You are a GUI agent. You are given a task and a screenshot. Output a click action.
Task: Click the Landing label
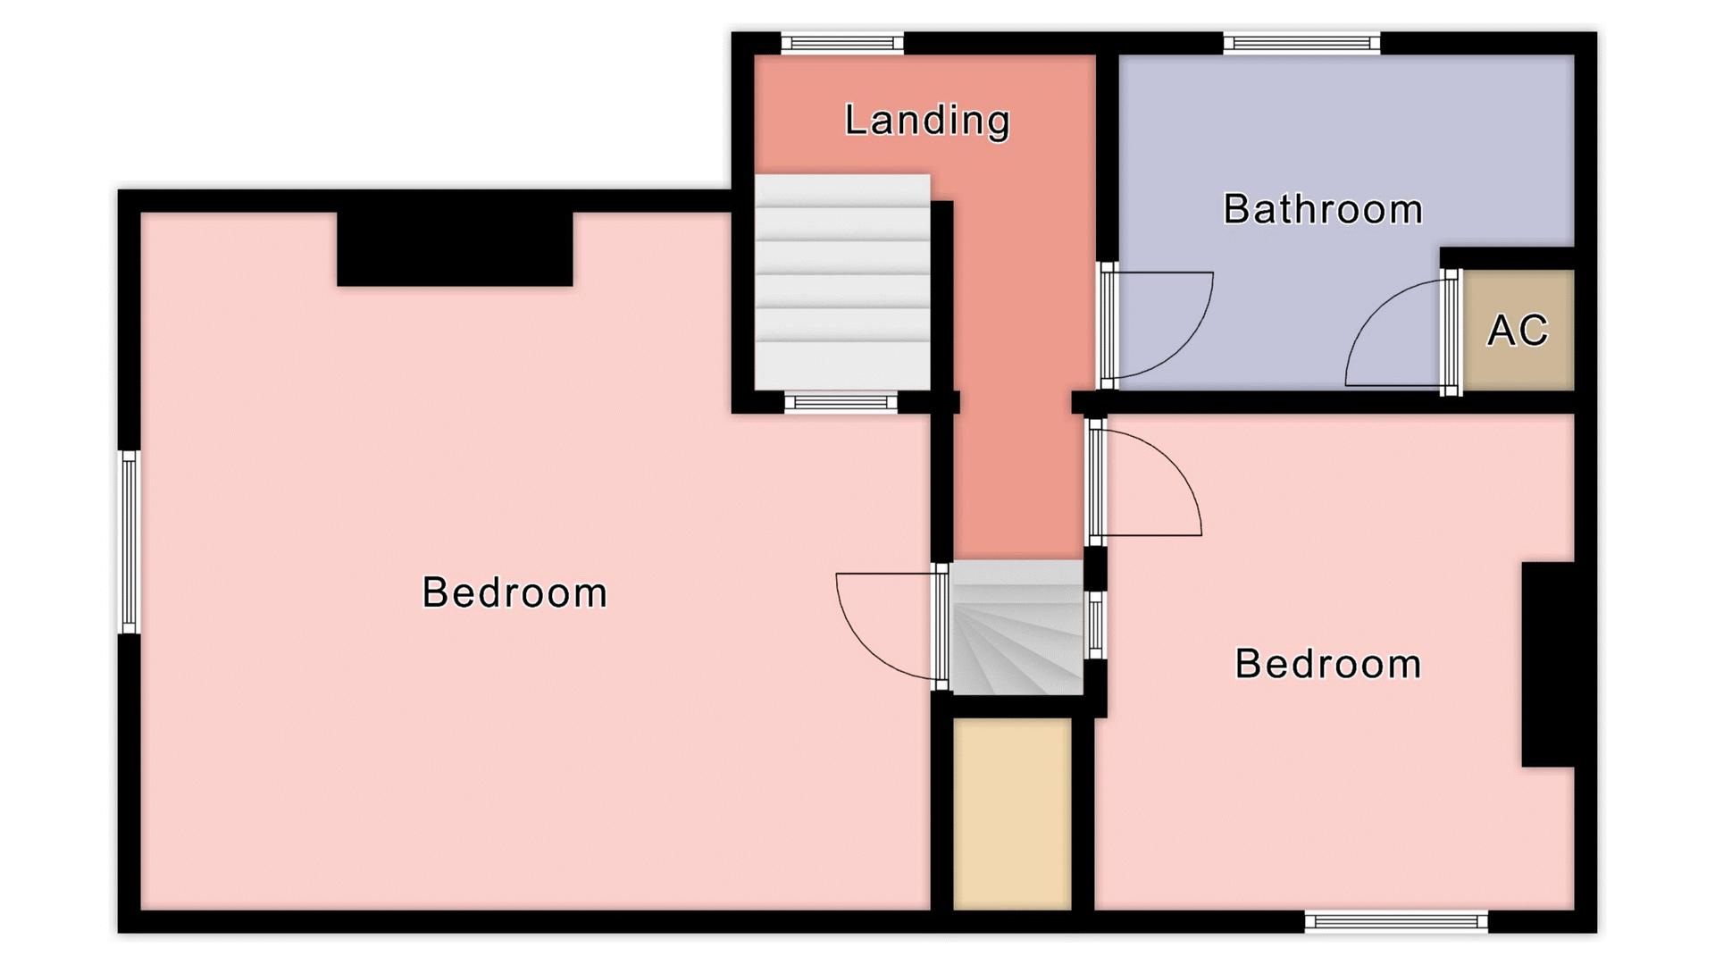[x=927, y=121]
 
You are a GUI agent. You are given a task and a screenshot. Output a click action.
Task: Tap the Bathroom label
[x=1323, y=209]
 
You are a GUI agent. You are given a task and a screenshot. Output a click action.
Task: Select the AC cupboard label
[x=1518, y=331]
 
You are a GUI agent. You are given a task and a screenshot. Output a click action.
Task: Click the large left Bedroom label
[x=514, y=592]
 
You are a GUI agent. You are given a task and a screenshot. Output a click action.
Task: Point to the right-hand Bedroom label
[x=1328, y=664]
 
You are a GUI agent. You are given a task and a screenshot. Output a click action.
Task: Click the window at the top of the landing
[x=842, y=43]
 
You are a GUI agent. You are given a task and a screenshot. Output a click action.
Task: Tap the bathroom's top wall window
[x=1301, y=43]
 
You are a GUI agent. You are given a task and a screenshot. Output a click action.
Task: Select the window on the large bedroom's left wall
[x=130, y=541]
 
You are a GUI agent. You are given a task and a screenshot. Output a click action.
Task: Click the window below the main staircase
[x=841, y=403]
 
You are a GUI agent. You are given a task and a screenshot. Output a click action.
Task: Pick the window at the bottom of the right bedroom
[x=1396, y=921]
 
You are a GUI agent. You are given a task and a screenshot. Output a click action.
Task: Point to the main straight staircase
[x=842, y=282]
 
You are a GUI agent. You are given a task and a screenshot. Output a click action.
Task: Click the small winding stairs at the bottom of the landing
[x=1016, y=627]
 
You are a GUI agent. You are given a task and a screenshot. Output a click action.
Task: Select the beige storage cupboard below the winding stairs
[x=1012, y=814]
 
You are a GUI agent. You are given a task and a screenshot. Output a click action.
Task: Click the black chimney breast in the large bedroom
[x=455, y=249]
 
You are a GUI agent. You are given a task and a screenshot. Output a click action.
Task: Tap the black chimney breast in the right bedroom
[x=1548, y=664]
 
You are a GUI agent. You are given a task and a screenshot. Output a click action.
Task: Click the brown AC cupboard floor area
[x=1518, y=331]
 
